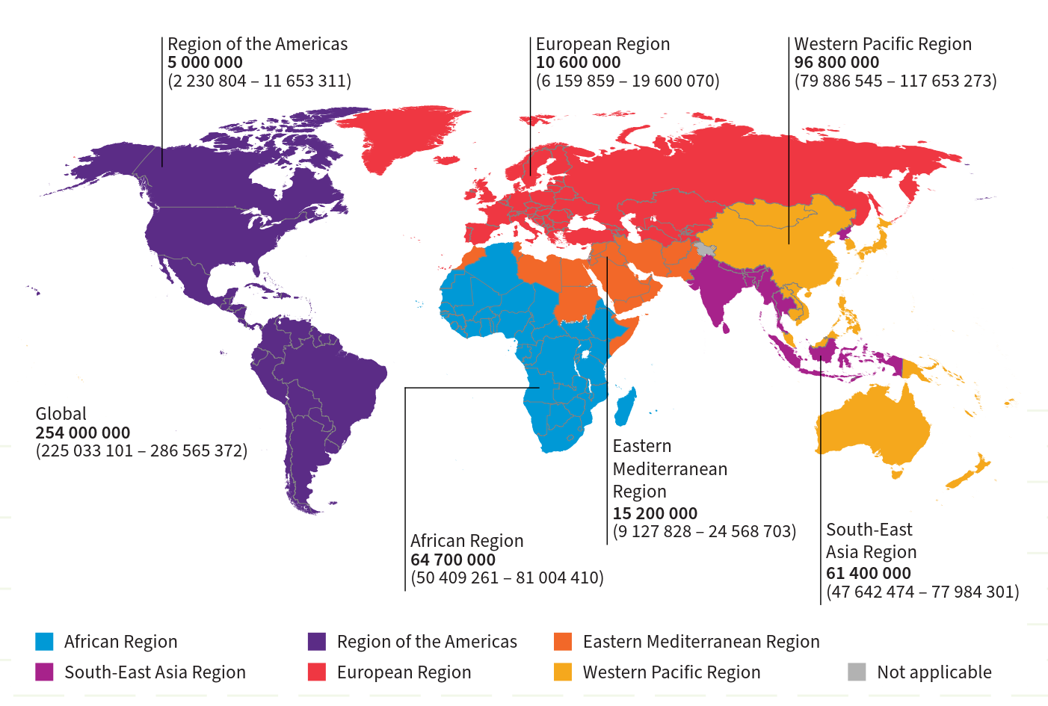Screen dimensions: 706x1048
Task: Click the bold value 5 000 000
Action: point(205,63)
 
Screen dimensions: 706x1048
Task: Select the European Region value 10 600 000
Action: point(578,63)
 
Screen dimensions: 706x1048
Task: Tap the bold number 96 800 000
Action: point(836,63)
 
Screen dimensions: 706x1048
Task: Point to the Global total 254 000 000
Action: point(83,433)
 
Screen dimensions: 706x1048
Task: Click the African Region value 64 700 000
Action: point(453,560)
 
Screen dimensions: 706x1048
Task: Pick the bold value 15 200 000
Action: point(655,513)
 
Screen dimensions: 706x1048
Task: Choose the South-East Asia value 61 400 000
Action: point(869,573)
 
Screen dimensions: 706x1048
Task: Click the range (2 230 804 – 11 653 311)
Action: point(259,81)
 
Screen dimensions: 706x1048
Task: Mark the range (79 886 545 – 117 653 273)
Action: point(896,81)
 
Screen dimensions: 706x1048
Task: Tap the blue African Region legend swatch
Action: point(44,642)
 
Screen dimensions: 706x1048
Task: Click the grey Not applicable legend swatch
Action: point(857,672)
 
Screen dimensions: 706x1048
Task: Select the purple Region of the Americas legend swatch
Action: point(317,642)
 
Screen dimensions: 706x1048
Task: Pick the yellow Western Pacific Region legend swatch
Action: point(563,672)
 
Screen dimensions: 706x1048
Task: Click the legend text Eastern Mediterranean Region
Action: point(701,642)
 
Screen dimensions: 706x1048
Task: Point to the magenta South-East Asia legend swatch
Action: point(44,672)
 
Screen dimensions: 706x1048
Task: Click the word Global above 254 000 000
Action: point(61,414)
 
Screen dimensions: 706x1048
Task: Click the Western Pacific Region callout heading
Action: point(883,44)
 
